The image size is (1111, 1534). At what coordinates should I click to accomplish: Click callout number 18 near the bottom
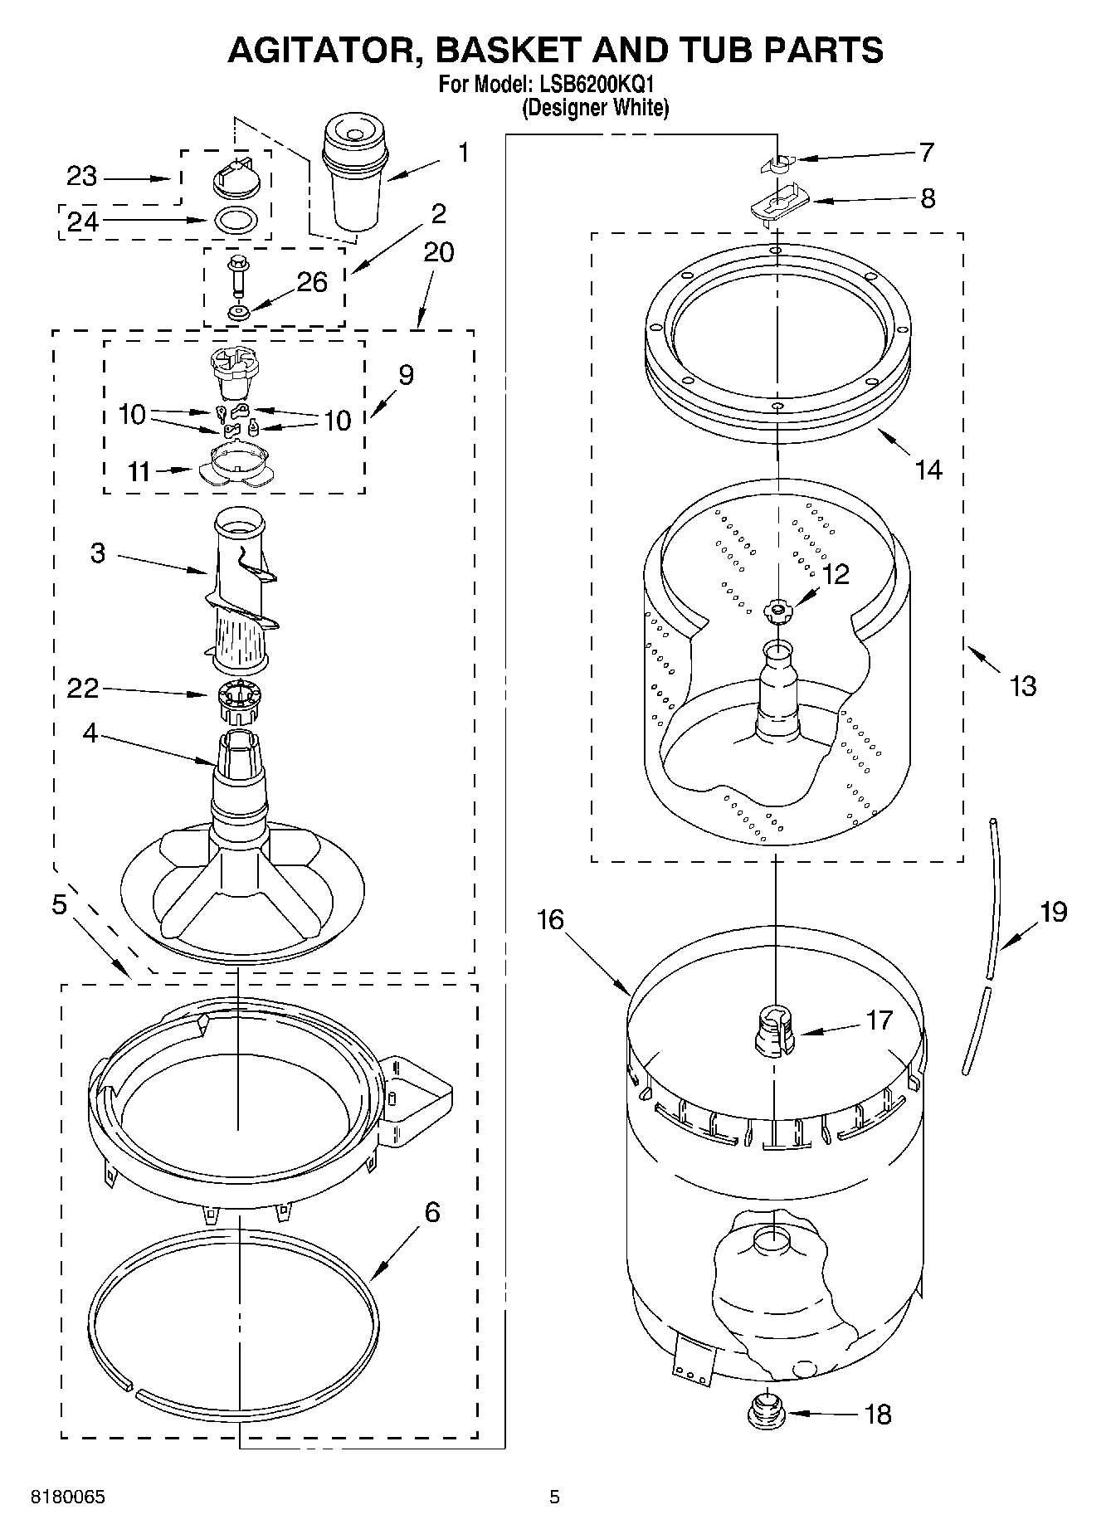pos(877,1415)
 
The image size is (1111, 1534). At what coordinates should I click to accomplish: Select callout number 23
pos(81,176)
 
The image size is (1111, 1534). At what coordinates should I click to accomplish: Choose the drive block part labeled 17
pos(773,1032)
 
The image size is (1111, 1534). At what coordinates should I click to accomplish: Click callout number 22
pos(82,688)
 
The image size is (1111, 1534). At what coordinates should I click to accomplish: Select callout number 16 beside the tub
pos(549,920)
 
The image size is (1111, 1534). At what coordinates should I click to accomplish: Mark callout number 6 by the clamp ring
pos(431,1213)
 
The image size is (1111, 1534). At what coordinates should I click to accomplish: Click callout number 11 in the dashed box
pos(139,471)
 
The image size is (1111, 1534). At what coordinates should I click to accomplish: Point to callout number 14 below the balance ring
pos(928,470)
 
